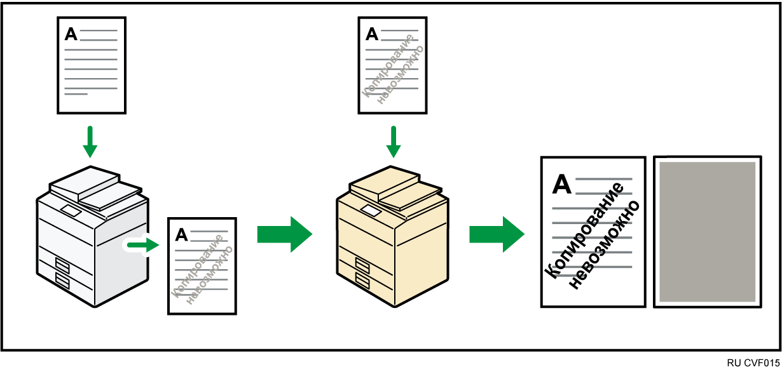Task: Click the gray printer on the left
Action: [93, 237]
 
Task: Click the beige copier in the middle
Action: [392, 237]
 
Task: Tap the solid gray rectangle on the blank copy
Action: [707, 232]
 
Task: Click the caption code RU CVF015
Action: [753, 363]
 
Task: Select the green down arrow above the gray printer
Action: [90, 142]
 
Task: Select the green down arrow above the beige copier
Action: [394, 142]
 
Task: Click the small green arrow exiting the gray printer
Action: [143, 245]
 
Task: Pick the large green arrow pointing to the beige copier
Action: [285, 234]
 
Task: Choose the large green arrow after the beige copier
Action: [497, 234]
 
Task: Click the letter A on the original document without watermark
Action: [71, 34]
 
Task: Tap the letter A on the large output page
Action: [562, 183]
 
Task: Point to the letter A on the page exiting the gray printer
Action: [182, 235]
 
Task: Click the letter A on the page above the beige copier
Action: [372, 34]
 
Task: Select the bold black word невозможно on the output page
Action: [605, 245]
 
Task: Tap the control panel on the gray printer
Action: [71, 211]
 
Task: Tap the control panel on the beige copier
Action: [371, 211]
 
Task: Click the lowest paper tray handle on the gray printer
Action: [62, 281]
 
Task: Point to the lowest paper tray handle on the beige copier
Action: [362, 281]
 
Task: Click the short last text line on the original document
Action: [76, 94]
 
